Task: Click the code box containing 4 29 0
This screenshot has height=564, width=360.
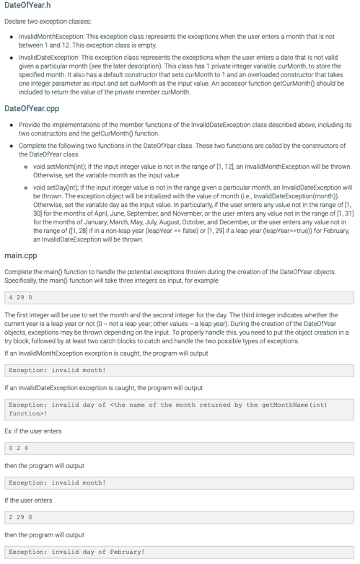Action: point(179,297)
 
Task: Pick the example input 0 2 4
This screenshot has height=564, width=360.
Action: point(179,448)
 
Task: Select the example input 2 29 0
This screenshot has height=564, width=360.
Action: point(179,517)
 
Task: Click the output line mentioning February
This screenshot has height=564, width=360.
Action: point(77,552)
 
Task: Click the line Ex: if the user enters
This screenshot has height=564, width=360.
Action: point(33,431)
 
